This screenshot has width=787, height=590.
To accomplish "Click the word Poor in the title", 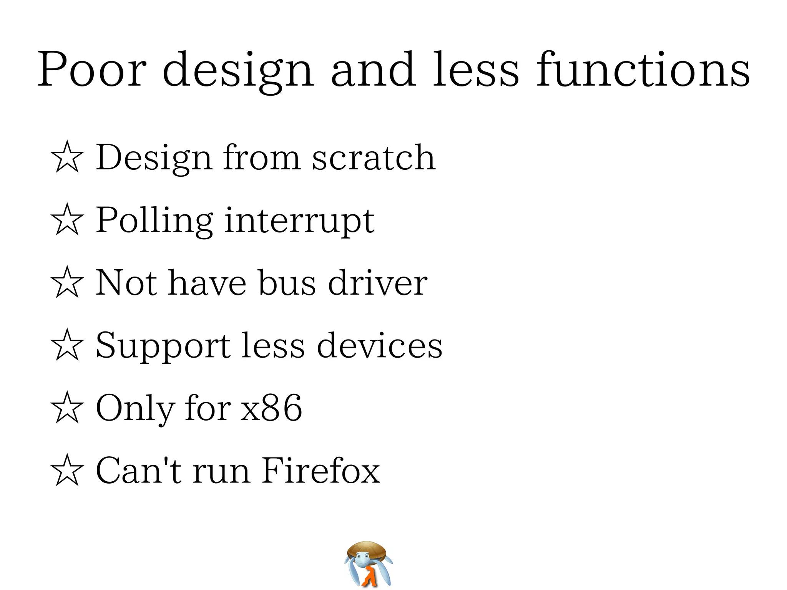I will coord(92,70).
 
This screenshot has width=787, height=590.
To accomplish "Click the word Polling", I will coord(154,220).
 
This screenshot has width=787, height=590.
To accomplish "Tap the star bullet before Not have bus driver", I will coord(67,282).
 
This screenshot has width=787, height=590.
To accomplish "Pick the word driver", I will coord(377,283).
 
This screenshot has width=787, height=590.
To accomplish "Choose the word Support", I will coord(163,346).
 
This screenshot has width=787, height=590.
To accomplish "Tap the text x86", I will coord(271,408).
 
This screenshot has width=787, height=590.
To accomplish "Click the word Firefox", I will coord(321,470).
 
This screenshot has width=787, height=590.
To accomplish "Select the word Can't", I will coord(138,470).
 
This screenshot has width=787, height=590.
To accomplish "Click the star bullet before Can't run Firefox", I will coord(67,470).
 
